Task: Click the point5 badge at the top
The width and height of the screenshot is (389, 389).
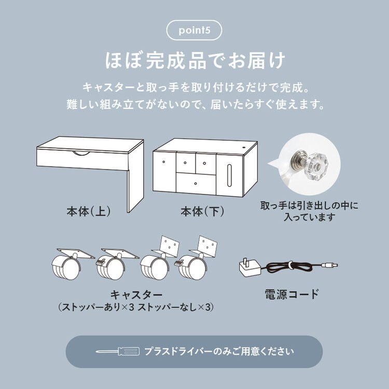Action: click(x=194, y=30)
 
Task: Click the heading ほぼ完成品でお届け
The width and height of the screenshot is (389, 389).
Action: click(x=194, y=61)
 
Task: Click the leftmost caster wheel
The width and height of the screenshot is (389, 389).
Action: click(x=64, y=268)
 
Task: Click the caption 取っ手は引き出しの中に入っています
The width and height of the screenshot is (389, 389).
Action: click(x=309, y=211)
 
